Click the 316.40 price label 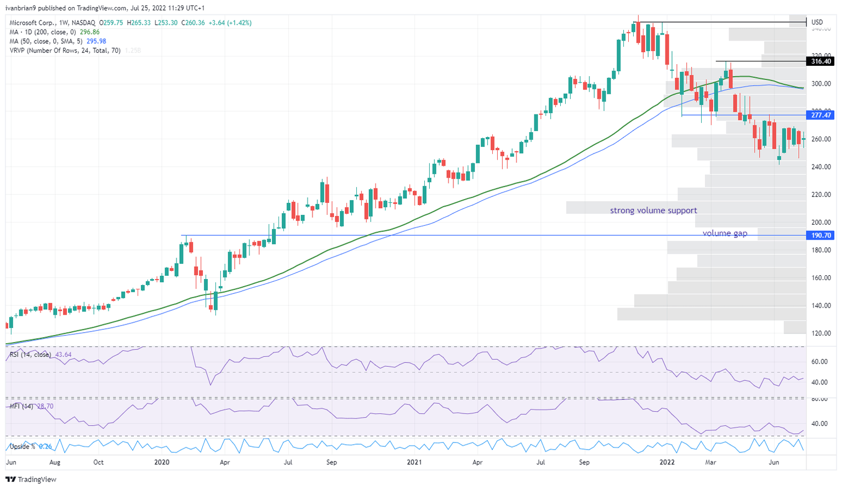pyautogui.click(x=821, y=61)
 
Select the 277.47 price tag pyautogui.click(x=821, y=115)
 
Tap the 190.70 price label pyautogui.click(x=821, y=235)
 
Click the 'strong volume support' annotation pyautogui.click(x=653, y=211)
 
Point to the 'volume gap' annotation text pyautogui.click(x=725, y=233)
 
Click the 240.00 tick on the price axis pyautogui.click(x=821, y=167)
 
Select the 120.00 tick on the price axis pyautogui.click(x=821, y=333)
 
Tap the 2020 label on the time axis pyautogui.click(x=162, y=462)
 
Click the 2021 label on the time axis pyautogui.click(x=414, y=462)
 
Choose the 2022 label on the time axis pyautogui.click(x=667, y=462)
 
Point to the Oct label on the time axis pyautogui.click(x=98, y=462)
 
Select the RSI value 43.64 pyautogui.click(x=64, y=355)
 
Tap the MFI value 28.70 pyautogui.click(x=46, y=406)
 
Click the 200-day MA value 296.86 pyautogui.click(x=90, y=32)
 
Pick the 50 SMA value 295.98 pyautogui.click(x=96, y=41)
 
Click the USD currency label pyautogui.click(x=817, y=22)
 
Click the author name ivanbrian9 pyautogui.click(x=21, y=8)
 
